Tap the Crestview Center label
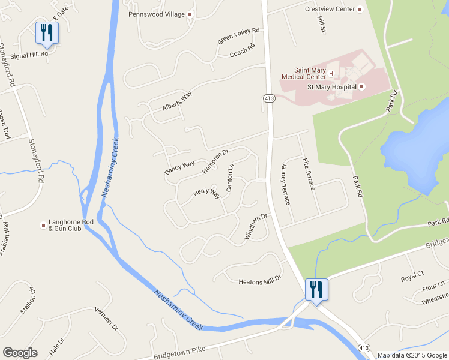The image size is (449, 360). tap(330, 9)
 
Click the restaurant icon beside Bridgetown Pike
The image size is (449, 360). tap(315, 289)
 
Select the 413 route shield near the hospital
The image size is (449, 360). tap(268, 97)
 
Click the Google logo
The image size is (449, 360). tap(19, 353)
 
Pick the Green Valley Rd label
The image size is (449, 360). tap(239, 36)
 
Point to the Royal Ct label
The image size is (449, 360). tap(412, 277)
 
